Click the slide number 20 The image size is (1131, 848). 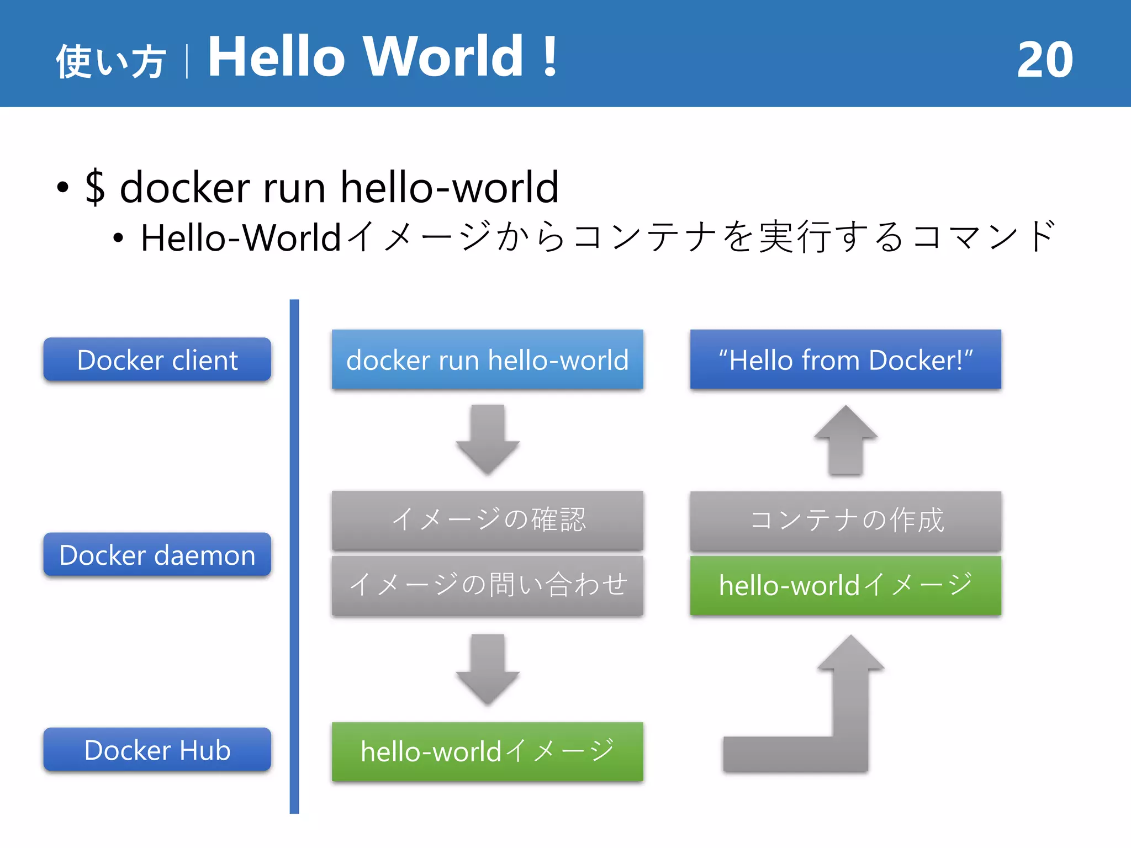pos(1045,60)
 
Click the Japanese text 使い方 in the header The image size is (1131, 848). pos(110,61)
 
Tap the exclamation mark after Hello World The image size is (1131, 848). pos(549,56)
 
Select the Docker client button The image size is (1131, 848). pos(157,360)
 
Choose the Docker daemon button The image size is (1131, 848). pos(157,555)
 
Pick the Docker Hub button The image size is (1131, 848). pos(157,750)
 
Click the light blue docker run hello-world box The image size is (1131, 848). pos(487,360)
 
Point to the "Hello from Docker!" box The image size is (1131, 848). pos(845,360)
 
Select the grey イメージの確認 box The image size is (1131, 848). pos(487,520)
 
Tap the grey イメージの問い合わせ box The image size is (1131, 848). pos(487,585)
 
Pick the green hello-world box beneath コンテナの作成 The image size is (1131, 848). pos(845,585)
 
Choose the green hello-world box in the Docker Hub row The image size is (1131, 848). pos(487,751)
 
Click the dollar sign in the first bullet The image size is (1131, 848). pos(95,187)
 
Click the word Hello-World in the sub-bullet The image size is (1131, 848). pos(241,238)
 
